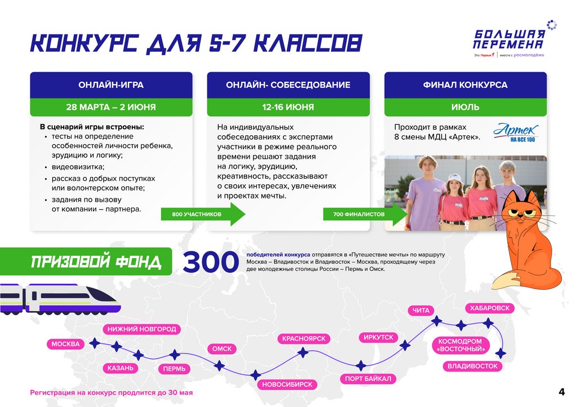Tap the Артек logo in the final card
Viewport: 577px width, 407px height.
[516, 133]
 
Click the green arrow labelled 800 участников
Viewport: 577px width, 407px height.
[203, 215]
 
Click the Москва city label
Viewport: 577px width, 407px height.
[66, 344]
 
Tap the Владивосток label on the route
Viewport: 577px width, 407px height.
[473, 366]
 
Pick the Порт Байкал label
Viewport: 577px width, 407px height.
[368, 379]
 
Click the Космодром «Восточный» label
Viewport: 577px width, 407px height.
[460, 345]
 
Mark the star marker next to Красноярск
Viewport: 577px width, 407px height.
[303, 353]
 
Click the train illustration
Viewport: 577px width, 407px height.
[59, 297]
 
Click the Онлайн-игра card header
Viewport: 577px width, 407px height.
[111, 85]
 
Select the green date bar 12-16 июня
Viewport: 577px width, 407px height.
[288, 107]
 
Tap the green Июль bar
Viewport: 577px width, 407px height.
[465, 107]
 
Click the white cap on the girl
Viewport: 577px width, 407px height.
[454, 178]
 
